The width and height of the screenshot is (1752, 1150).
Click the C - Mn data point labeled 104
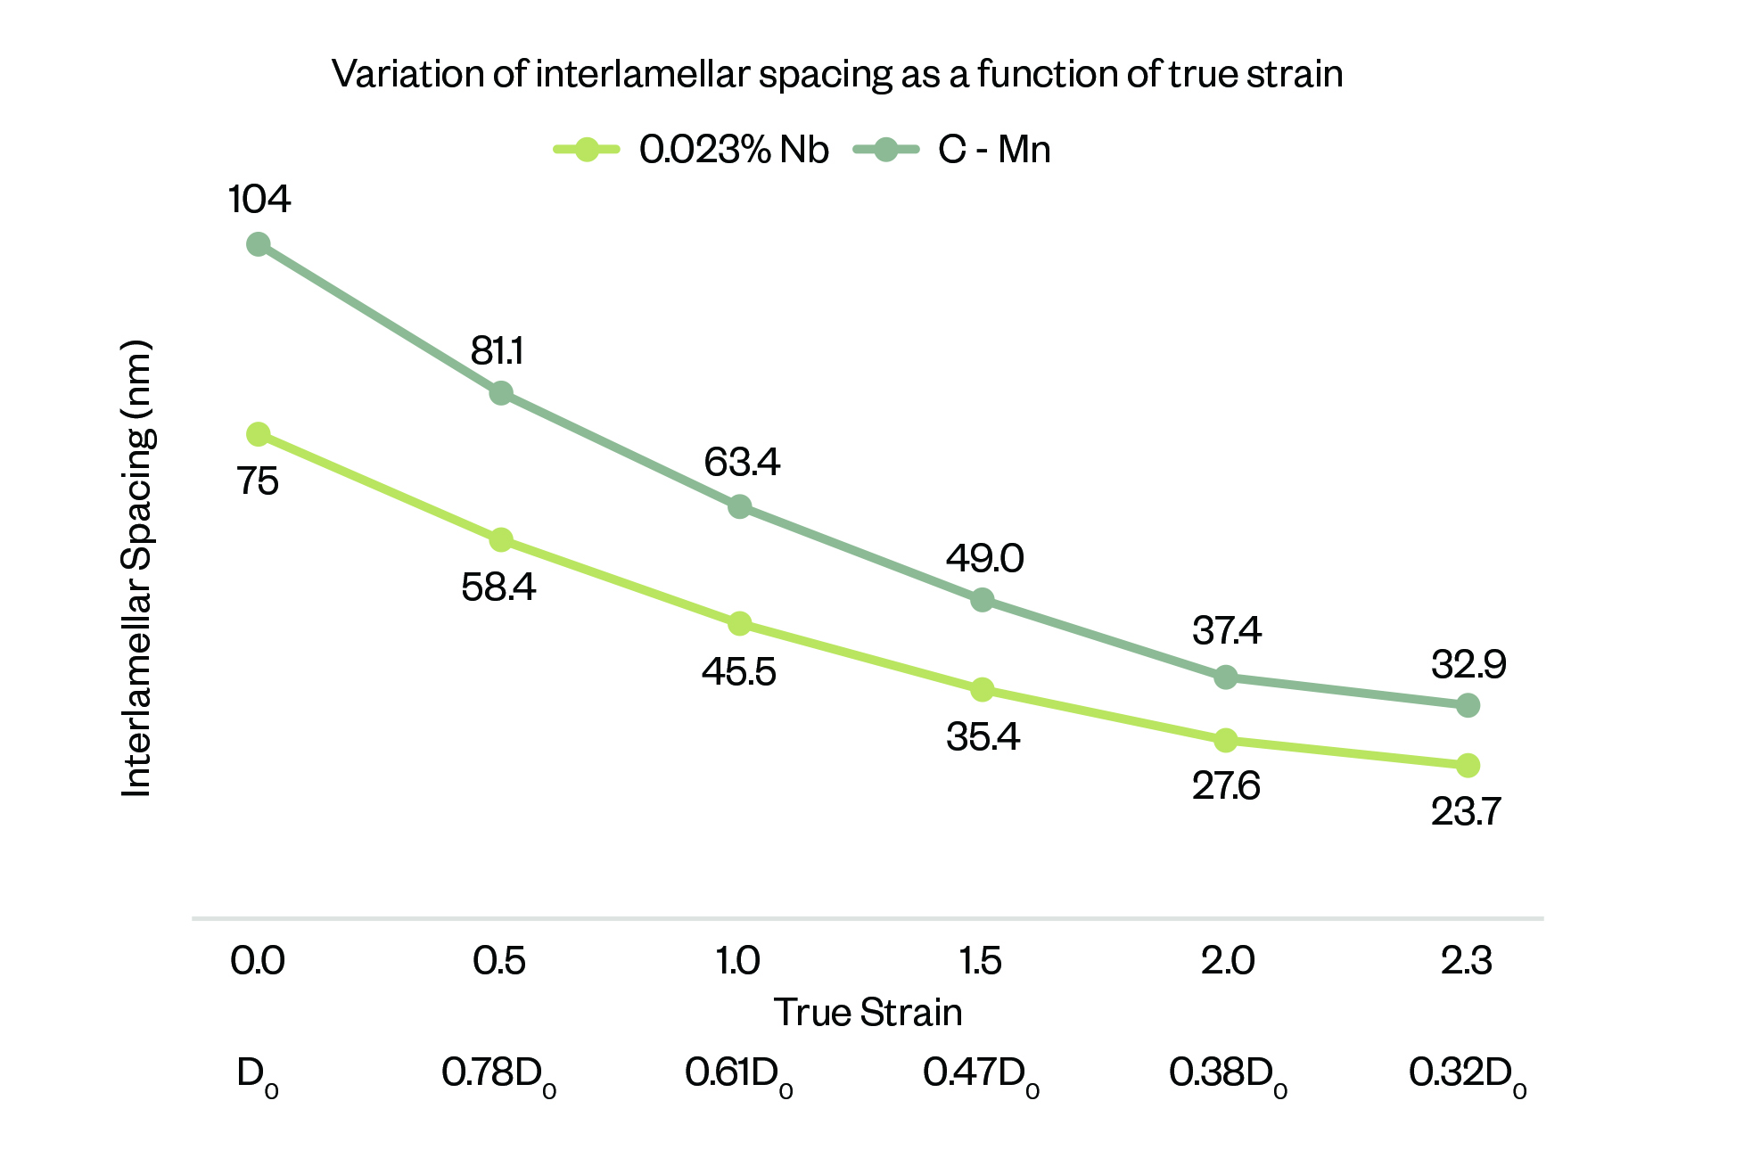pos(258,244)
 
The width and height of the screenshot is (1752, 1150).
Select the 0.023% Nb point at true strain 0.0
pos(258,434)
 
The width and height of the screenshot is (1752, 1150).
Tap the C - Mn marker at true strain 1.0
pos(739,507)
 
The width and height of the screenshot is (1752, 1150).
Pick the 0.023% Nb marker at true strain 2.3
pos(1468,765)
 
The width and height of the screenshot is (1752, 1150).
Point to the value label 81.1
pos(498,351)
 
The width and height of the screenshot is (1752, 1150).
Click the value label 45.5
pos(738,671)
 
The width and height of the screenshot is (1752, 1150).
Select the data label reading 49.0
pos(984,559)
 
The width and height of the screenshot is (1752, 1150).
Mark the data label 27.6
pos(1226,786)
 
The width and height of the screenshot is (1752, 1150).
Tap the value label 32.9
pos(1468,665)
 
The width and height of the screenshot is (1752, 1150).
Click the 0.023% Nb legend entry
pos(692,150)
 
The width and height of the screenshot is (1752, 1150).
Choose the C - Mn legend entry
pos(952,150)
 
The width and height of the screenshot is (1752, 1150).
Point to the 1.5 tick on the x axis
pos(981,961)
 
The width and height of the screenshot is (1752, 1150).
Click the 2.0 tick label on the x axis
pos(1227,961)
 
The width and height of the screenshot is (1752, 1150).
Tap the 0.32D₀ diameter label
pos(1468,1073)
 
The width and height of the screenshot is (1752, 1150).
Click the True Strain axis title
pos(868,1013)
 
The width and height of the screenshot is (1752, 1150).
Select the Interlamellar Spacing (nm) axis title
pos(137,569)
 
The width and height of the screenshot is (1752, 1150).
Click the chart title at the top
pos(837,74)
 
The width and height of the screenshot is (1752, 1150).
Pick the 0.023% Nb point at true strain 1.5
pos(982,689)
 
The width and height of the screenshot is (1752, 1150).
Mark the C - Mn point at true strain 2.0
pos(1226,678)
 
